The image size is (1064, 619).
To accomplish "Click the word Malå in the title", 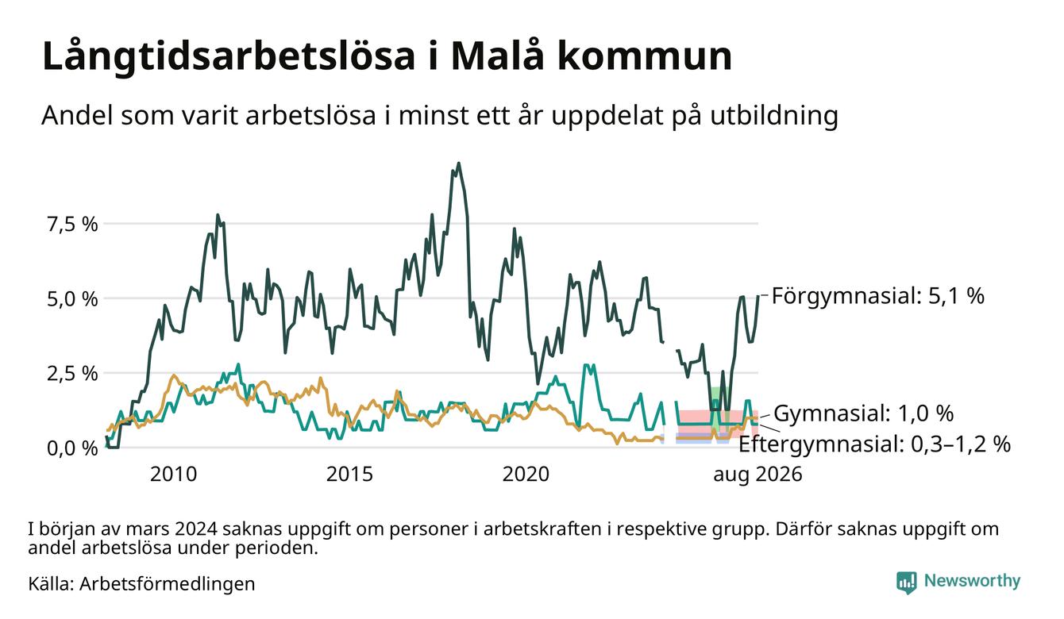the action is [497, 56].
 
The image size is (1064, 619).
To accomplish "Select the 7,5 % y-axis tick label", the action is [73, 224].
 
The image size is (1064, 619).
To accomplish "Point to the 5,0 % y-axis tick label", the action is [73, 299].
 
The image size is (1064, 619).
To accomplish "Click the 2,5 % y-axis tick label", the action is [73, 374].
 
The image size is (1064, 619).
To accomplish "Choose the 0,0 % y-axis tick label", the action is [73, 448].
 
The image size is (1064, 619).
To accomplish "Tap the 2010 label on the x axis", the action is [173, 475].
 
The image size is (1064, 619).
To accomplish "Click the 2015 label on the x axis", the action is [349, 475].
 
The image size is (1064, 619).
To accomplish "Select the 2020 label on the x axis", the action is [526, 475].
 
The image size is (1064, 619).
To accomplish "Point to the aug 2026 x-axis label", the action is [758, 475].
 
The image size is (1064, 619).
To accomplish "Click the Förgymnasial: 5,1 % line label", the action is [878, 296].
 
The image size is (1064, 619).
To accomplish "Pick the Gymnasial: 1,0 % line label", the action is [864, 413].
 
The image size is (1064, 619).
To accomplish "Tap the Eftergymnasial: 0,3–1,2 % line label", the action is [874, 444].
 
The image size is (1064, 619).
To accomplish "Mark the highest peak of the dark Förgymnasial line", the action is [458, 163].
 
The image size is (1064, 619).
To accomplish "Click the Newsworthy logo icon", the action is [906, 582].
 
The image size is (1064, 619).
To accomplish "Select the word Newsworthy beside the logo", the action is [972, 581].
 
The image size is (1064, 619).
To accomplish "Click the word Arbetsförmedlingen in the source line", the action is [168, 584].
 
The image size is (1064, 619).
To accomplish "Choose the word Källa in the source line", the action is [51, 583].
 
